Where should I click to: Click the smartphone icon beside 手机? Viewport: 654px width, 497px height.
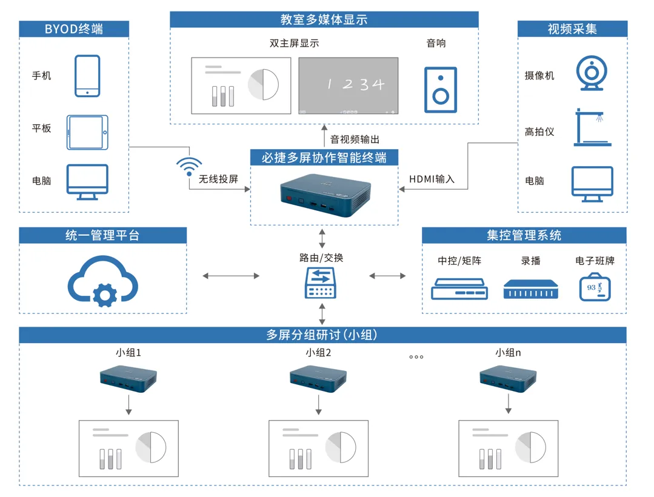click(87, 76)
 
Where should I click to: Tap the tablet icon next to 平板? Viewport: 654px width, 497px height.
click(87, 133)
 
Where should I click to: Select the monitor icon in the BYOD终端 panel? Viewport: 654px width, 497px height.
click(87, 182)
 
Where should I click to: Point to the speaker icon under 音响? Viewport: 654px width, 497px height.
click(441, 90)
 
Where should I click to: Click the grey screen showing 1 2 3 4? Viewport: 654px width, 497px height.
click(349, 85)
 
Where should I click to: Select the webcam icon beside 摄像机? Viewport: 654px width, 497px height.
click(592, 73)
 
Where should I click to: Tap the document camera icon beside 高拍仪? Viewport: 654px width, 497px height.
click(592, 127)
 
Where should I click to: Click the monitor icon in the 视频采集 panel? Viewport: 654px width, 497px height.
click(592, 184)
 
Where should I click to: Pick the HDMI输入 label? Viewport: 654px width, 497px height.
click(432, 179)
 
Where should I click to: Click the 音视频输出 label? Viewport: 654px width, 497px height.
click(355, 139)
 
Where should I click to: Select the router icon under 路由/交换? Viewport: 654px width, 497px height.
click(320, 282)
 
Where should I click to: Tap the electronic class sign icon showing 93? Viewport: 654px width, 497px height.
click(595, 287)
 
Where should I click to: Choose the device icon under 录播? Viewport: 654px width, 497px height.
click(530, 289)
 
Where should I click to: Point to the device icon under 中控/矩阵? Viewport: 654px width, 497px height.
click(459, 289)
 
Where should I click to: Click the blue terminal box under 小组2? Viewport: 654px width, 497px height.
click(318, 379)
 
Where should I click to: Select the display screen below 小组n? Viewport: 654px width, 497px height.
click(509, 449)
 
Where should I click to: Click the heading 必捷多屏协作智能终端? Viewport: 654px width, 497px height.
click(324, 158)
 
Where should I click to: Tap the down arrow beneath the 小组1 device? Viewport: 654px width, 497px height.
click(128, 405)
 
